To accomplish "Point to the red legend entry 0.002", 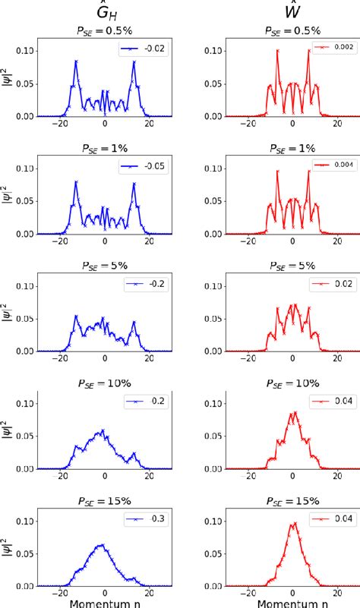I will [x=330, y=48].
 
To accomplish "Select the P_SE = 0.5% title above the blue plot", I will [x=105, y=30].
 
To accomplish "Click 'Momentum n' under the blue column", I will [x=105, y=600].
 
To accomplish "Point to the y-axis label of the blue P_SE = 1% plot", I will [x=9, y=197].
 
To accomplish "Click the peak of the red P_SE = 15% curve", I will [x=293, y=544].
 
